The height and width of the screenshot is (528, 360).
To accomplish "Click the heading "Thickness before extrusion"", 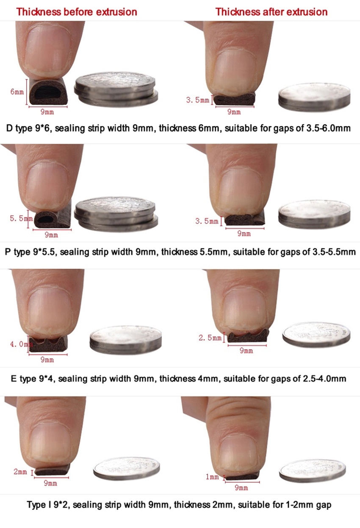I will point(77,11).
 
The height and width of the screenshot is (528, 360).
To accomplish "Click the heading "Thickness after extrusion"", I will point(271,11).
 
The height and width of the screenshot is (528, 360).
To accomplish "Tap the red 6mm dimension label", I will point(17,91).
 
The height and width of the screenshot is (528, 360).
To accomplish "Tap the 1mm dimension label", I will point(212,477).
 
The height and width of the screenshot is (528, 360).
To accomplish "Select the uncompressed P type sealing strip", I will point(51,219).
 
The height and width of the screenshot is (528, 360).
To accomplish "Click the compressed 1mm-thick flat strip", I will point(242,476).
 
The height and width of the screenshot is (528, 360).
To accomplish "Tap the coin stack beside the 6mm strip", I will point(116,89).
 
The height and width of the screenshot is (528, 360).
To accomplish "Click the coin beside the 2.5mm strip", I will point(316,334).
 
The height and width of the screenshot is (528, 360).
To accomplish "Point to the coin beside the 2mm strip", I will point(126,469).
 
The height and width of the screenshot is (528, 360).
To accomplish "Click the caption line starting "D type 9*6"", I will point(178,127).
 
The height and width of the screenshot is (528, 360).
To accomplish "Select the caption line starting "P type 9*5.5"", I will point(180,252).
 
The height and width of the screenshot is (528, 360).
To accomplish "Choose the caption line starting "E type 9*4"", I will point(178,379).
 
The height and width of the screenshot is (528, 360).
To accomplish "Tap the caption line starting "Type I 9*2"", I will point(179,505).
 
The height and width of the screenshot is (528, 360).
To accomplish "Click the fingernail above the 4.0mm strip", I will point(47,309).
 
